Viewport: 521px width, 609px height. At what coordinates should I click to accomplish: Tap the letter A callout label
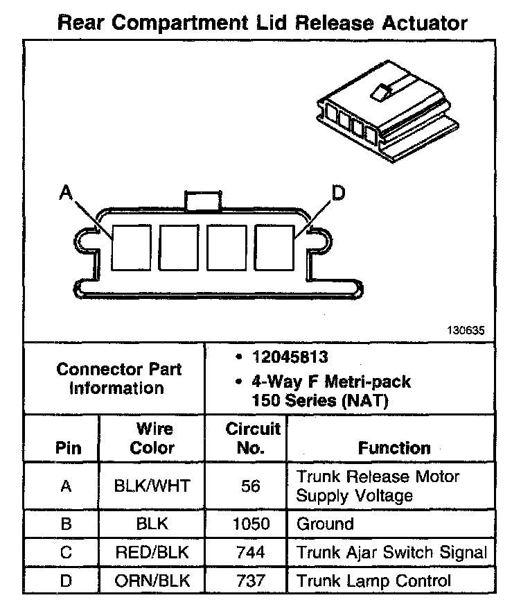coord(66,192)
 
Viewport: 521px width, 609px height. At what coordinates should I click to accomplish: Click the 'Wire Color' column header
coord(152,438)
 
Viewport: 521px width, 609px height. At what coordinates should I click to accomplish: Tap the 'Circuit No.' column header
coord(252,438)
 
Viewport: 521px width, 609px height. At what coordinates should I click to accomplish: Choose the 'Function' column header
coord(394,447)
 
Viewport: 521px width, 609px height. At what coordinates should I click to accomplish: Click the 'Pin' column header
coord(67,447)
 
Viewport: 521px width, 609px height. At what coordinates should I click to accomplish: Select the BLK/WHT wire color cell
coord(152,486)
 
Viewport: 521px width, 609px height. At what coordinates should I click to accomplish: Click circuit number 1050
coord(251,524)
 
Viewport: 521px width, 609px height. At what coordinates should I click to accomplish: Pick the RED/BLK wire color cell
coord(152,552)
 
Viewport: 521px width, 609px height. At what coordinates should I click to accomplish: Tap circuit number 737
coord(251,581)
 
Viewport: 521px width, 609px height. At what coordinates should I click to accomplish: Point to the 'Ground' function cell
coord(325,524)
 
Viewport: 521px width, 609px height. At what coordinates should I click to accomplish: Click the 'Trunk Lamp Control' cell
coord(373,581)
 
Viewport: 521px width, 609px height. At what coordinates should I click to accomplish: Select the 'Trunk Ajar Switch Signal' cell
coord(391,552)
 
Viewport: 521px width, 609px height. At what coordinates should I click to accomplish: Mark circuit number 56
coord(251,486)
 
